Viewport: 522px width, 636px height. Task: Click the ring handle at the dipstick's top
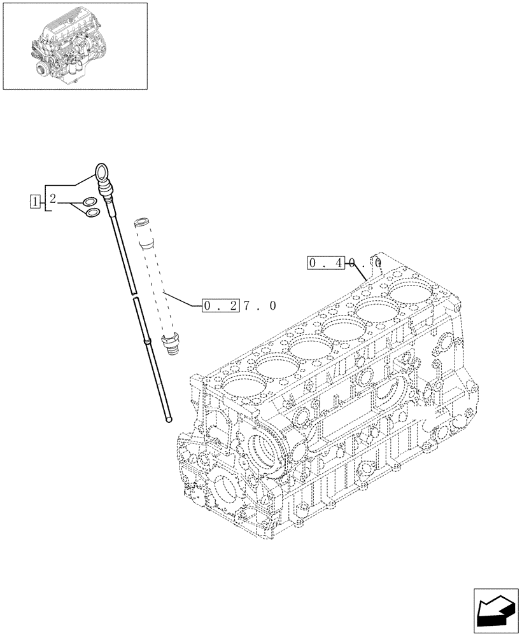pyautogui.click(x=102, y=170)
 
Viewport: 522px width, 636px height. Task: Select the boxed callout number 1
pyautogui.click(x=34, y=202)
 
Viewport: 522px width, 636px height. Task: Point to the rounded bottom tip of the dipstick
pyautogui.click(x=168, y=417)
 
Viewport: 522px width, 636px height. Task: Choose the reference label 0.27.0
pyautogui.click(x=239, y=306)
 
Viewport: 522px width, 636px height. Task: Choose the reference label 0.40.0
pyautogui.click(x=344, y=262)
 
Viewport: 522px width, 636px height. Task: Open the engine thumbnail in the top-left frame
pyautogui.click(x=75, y=46)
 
